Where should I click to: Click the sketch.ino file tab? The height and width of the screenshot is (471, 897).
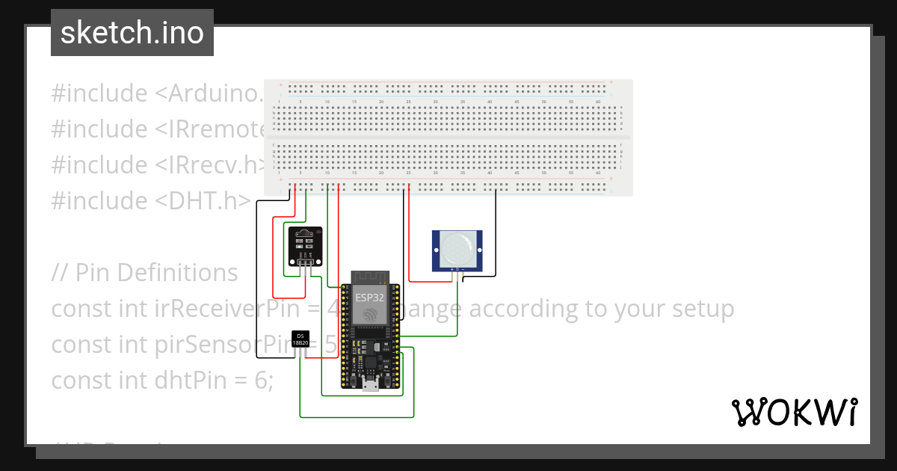tap(132, 33)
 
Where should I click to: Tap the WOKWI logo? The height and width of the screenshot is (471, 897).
tap(793, 412)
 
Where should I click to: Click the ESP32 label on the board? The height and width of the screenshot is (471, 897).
tap(369, 296)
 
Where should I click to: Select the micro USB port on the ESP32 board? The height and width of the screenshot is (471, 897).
tap(369, 384)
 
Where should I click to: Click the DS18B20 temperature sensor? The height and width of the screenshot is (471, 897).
tap(300, 340)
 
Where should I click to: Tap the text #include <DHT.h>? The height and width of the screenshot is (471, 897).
tap(150, 200)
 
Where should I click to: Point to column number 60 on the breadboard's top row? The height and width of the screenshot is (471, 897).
tap(598, 101)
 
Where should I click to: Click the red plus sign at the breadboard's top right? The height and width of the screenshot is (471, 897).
tap(611, 81)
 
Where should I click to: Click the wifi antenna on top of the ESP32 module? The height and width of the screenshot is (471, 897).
tap(369, 277)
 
